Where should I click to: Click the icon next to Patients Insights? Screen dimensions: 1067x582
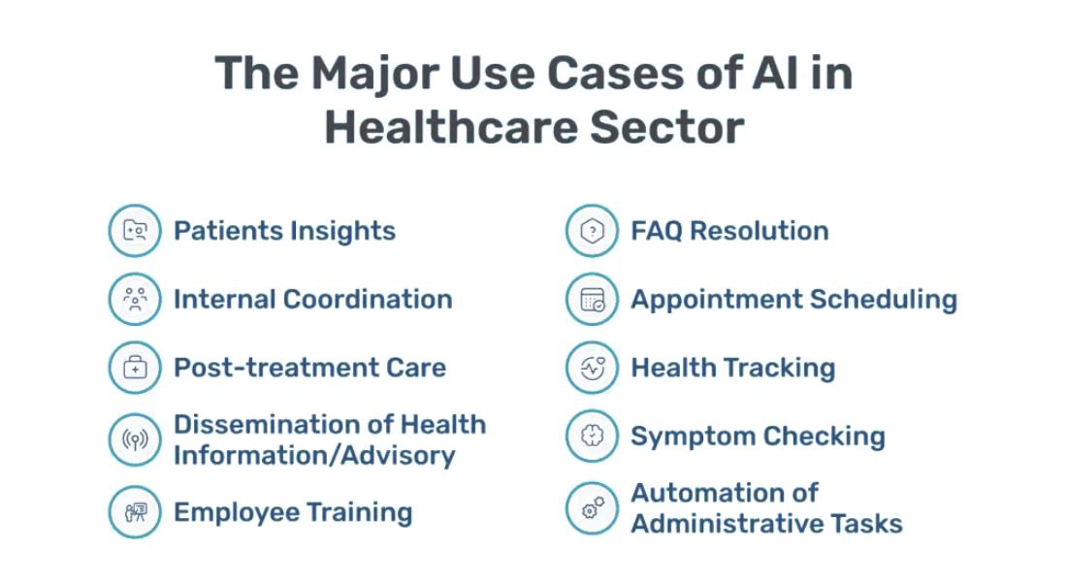click(135, 231)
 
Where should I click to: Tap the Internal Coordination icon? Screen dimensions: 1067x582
click(135, 299)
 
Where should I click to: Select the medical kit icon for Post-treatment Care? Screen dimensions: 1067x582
click(135, 368)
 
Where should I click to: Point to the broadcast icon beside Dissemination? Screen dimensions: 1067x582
click(135, 439)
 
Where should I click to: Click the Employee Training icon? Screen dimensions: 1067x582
click(135, 512)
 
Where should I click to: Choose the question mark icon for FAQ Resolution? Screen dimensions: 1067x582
click(592, 231)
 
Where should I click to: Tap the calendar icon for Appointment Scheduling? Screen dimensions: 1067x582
click(592, 299)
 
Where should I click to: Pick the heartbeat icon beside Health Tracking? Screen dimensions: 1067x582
click(592, 368)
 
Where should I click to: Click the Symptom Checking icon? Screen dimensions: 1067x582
click(592, 436)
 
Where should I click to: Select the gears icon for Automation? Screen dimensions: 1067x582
click(592, 508)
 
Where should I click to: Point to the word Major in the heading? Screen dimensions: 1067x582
click(375, 74)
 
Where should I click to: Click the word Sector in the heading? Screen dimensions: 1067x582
click(667, 128)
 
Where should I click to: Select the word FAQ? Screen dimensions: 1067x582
click(656, 231)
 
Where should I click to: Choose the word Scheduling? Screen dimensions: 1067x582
click(884, 300)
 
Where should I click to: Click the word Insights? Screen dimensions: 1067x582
click(342, 232)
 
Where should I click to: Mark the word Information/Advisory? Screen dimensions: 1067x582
click(314, 455)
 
